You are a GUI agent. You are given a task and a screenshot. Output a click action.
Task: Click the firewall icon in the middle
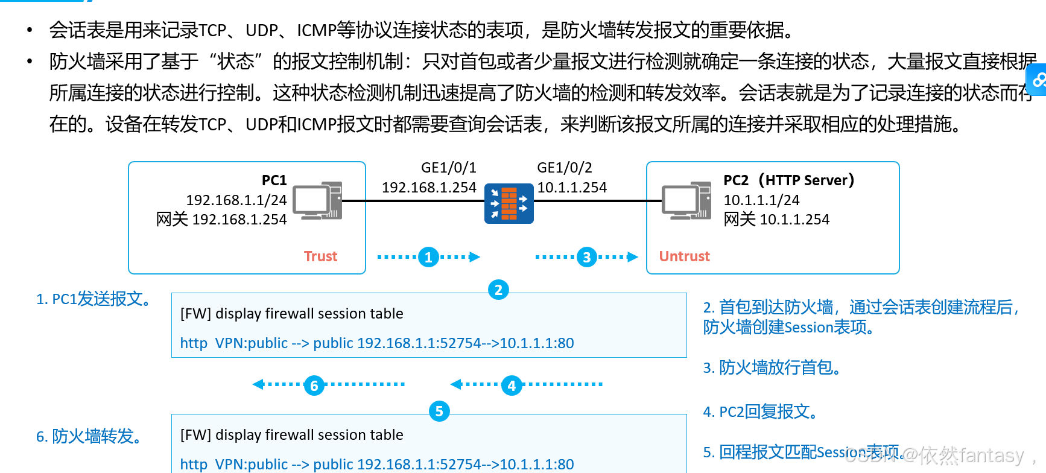(x=509, y=203)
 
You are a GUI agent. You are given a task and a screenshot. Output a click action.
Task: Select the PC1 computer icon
(x=317, y=200)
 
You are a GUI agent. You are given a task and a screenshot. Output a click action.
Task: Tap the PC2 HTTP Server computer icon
(x=686, y=200)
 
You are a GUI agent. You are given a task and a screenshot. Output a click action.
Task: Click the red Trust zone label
(x=320, y=256)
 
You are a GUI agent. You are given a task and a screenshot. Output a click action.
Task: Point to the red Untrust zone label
(x=684, y=256)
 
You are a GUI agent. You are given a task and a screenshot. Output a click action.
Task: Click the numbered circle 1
(x=428, y=257)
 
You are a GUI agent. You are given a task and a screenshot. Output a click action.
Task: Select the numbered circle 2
(x=498, y=290)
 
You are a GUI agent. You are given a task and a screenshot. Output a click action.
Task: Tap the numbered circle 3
(x=586, y=257)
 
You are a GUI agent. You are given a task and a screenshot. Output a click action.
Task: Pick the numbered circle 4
(x=512, y=385)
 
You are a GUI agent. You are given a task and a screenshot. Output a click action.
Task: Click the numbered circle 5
(x=439, y=411)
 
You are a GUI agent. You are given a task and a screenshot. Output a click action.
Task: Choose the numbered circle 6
(x=314, y=385)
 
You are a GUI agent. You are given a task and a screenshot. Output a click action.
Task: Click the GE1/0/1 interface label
(x=448, y=168)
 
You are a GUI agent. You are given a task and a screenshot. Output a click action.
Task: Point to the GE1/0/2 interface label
(x=565, y=168)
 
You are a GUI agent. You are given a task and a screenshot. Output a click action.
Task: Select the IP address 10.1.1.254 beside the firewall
(x=572, y=188)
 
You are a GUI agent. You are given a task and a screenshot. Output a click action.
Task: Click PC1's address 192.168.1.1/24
(x=236, y=200)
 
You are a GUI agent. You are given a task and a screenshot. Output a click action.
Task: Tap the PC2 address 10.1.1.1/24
(x=761, y=200)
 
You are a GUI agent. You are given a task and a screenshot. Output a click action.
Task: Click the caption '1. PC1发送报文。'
(x=94, y=299)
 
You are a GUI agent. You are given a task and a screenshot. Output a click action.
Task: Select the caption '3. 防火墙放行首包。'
(x=772, y=367)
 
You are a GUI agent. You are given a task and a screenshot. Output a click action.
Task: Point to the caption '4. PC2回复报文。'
(x=761, y=411)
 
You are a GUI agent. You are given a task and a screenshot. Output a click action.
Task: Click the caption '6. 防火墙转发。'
(x=90, y=436)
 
